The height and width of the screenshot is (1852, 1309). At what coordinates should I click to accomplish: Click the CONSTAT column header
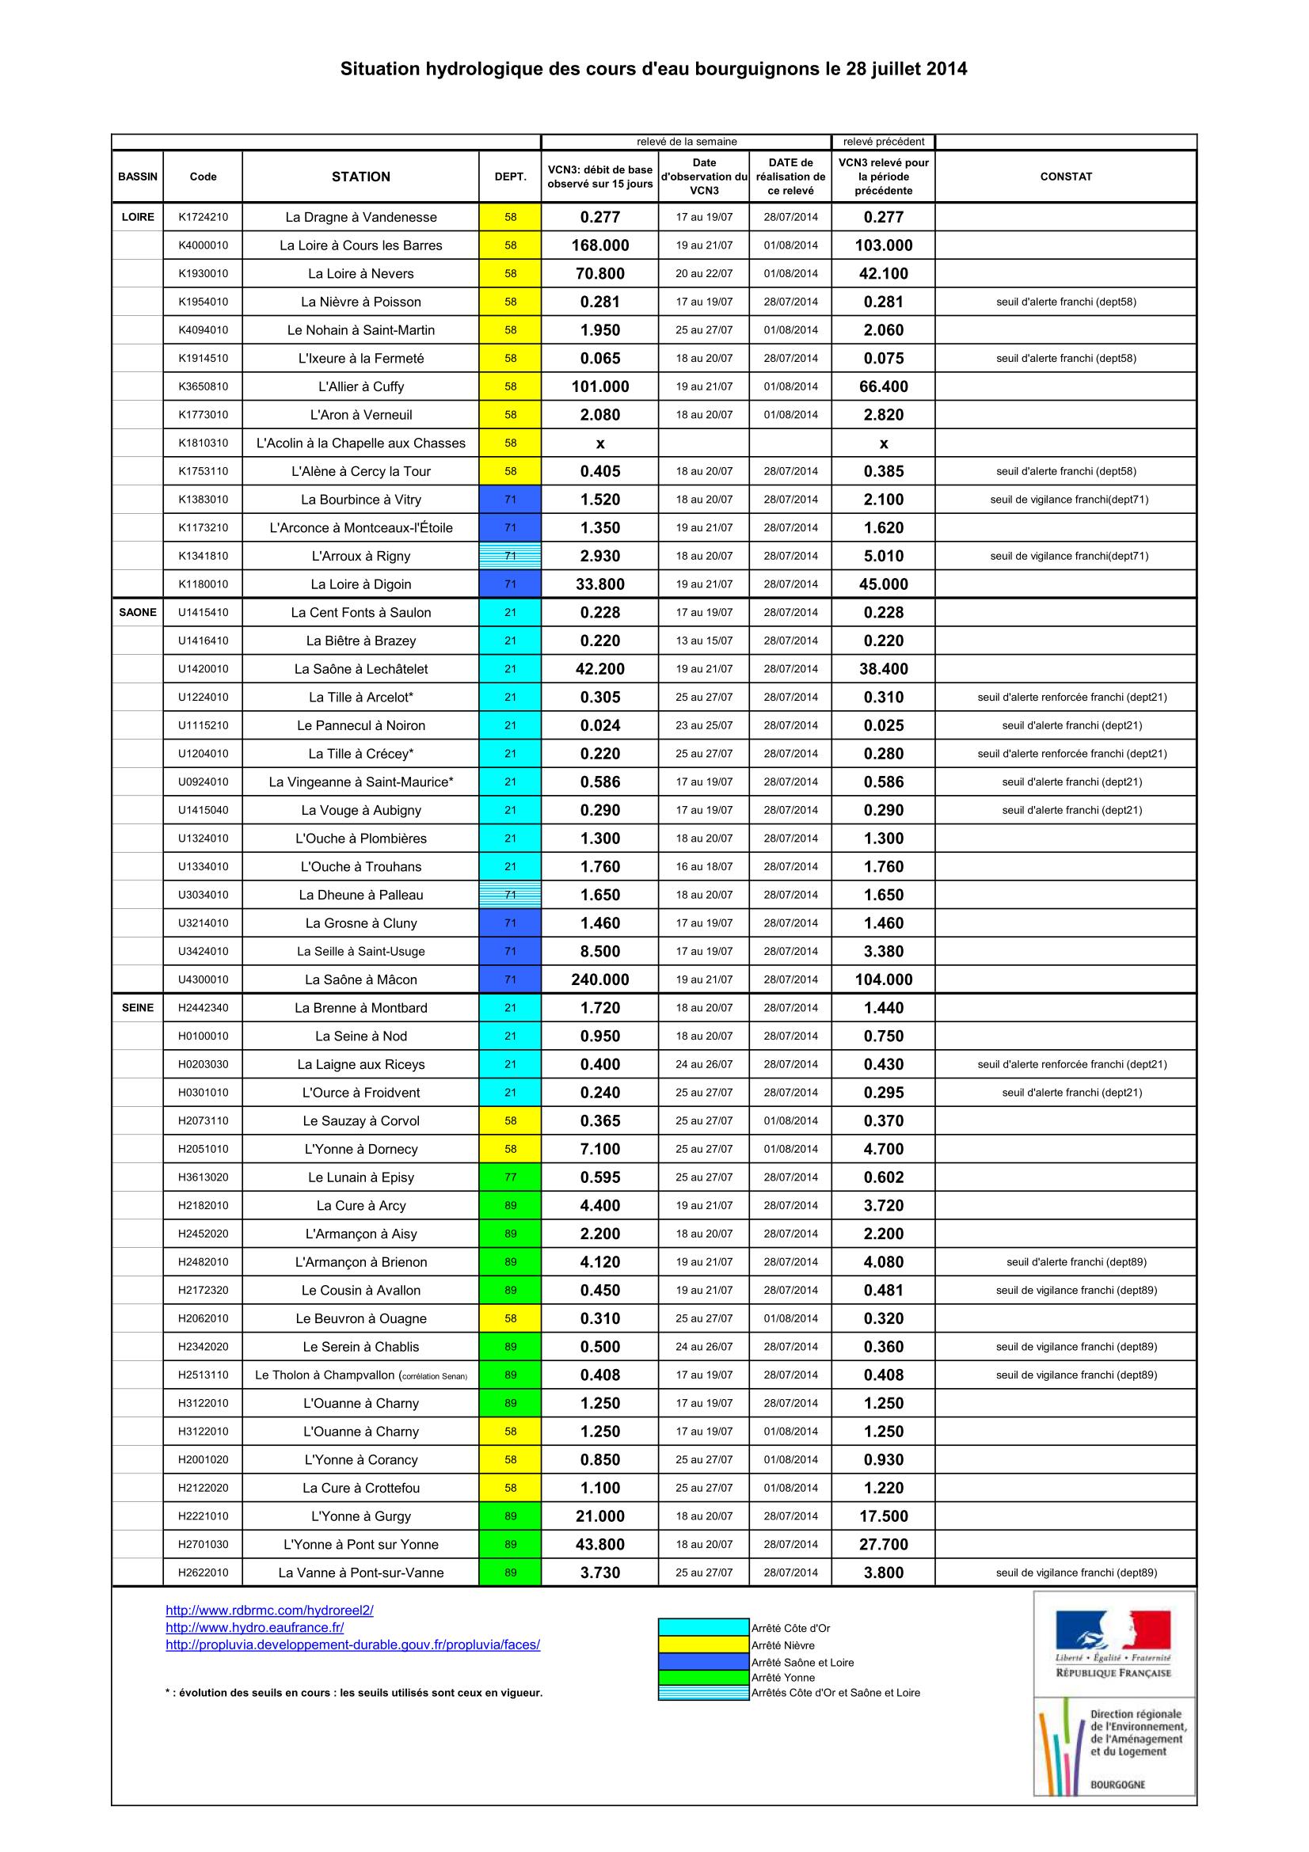[x=1065, y=177]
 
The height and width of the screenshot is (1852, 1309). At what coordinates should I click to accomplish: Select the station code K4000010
[x=204, y=245]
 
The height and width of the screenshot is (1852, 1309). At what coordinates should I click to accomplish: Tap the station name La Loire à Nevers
[x=360, y=273]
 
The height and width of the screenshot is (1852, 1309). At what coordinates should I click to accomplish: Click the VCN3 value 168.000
[x=600, y=245]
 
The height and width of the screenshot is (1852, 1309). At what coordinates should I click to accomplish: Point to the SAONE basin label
[x=138, y=612]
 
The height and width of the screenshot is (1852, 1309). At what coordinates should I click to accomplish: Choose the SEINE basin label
[x=138, y=1007]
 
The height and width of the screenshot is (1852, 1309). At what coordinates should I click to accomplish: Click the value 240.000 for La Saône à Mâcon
[x=600, y=979]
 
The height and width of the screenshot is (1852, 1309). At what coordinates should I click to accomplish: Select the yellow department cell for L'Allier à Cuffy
[x=510, y=386]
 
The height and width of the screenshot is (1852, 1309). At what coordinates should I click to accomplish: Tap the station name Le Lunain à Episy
[x=360, y=1177]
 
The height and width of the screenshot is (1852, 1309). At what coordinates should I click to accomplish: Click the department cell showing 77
[x=510, y=1177]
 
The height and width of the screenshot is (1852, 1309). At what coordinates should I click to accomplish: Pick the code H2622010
[x=204, y=1572]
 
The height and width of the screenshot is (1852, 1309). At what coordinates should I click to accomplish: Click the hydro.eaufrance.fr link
[x=255, y=1627]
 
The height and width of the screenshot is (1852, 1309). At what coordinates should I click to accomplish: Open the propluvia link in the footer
[x=352, y=1644]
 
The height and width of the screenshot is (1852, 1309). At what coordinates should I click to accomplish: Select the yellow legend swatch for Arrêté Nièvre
[x=703, y=1645]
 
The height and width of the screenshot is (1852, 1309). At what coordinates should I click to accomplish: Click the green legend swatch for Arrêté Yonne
[x=703, y=1677]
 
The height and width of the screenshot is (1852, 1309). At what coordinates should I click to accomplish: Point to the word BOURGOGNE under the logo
[x=1117, y=1784]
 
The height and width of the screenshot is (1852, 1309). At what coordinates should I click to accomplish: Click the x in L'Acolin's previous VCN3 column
[x=883, y=443]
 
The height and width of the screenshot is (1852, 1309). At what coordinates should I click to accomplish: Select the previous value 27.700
[x=883, y=1544]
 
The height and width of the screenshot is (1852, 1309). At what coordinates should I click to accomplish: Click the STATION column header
[x=360, y=177]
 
